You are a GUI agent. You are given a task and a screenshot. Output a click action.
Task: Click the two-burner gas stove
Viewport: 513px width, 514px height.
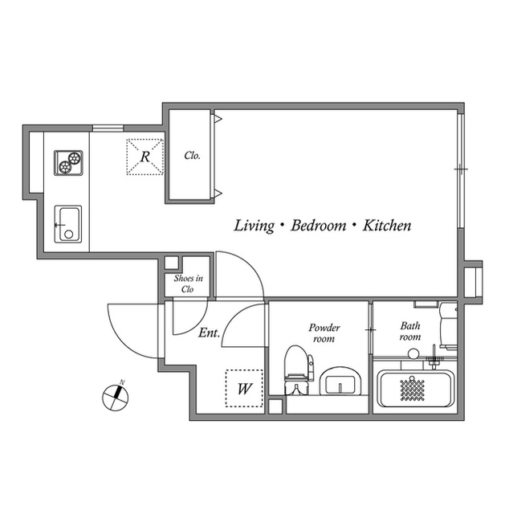(68, 163)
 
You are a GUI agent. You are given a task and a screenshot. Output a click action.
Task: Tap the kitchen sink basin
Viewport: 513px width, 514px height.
(68, 224)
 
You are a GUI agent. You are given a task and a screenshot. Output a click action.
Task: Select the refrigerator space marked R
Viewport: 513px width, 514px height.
(145, 157)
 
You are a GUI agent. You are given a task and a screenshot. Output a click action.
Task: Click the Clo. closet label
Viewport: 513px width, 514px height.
(192, 155)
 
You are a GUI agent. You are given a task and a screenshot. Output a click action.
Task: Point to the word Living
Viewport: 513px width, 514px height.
(254, 226)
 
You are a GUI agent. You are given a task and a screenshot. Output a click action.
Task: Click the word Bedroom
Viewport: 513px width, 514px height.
(319, 226)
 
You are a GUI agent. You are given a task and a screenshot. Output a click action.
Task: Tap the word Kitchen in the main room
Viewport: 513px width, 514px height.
(386, 226)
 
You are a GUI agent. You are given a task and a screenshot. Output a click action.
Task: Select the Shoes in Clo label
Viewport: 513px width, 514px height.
(188, 284)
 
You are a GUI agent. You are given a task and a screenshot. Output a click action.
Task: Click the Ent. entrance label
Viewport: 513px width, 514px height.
(209, 332)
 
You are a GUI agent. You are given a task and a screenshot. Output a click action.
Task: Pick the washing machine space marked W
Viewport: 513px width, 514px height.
(244, 389)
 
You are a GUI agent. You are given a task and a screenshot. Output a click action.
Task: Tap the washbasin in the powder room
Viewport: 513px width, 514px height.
(340, 381)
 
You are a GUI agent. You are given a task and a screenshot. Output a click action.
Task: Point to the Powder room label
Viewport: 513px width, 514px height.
(324, 332)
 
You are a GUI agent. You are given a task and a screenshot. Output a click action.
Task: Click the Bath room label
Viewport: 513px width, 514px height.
(410, 331)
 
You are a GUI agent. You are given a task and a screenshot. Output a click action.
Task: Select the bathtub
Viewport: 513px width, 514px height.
(415, 389)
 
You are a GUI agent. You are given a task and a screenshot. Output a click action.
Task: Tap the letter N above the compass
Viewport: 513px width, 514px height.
(122, 382)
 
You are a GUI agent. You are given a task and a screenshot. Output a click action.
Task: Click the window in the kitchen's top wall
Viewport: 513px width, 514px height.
(108, 128)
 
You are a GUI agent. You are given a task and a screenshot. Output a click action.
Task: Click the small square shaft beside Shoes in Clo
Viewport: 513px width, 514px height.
(171, 263)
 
